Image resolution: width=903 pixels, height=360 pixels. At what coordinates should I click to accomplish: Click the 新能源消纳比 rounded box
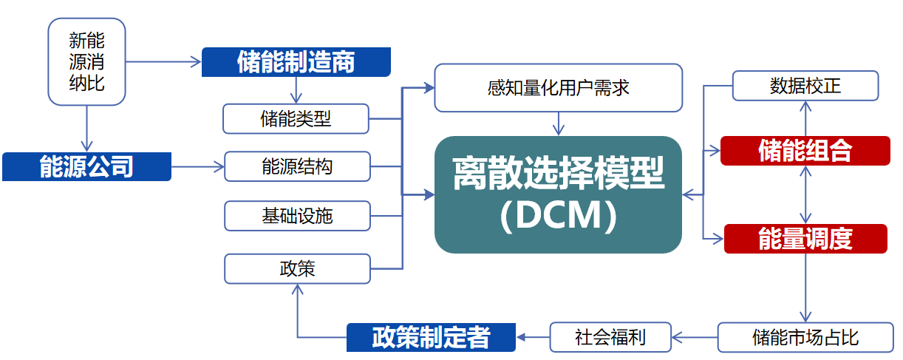pyautogui.click(x=86, y=61)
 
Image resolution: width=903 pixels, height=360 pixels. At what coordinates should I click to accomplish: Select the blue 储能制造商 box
pyautogui.click(x=296, y=62)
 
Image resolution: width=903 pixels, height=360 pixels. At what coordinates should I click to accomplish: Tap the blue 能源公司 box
pyautogui.click(x=86, y=166)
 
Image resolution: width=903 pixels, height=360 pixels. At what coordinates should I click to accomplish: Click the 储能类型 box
pyautogui.click(x=296, y=119)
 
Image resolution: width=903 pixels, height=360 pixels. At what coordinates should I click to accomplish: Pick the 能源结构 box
pyautogui.click(x=297, y=166)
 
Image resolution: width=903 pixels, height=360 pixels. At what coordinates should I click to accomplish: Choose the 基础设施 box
pyautogui.click(x=297, y=216)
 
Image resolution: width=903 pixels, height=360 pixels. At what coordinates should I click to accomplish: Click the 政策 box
pyautogui.click(x=297, y=269)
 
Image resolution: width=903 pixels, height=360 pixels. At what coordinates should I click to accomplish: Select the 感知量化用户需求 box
pyautogui.click(x=559, y=87)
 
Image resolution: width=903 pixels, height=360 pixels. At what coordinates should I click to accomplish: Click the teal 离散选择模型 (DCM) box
pyautogui.click(x=559, y=194)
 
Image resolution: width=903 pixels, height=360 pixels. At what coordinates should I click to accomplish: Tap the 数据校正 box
pyautogui.click(x=805, y=86)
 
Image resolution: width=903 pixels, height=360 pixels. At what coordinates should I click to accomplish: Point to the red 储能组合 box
pyautogui.click(x=805, y=151)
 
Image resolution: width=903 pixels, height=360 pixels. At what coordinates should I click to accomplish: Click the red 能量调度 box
pyautogui.click(x=805, y=239)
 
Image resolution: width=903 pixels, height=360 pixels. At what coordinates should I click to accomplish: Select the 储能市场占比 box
pyautogui.click(x=805, y=337)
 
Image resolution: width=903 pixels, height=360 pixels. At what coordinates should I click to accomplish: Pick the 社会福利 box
pyautogui.click(x=610, y=337)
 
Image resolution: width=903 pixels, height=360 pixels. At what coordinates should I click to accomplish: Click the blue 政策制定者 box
pyautogui.click(x=431, y=337)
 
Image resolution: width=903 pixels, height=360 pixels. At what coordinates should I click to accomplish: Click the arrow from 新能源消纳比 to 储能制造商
pyautogui.click(x=163, y=62)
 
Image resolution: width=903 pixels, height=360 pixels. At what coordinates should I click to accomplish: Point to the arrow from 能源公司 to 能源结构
pyautogui.click(x=198, y=166)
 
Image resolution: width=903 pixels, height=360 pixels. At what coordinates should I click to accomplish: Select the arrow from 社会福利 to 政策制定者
pyautogui.click(x=533, y=337)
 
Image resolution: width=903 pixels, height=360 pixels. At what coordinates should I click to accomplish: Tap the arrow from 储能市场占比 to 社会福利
pyautogui.click(x=695, y=337)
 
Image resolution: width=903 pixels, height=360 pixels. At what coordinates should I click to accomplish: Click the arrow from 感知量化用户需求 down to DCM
pyautogui.click(x=559, y=123)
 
